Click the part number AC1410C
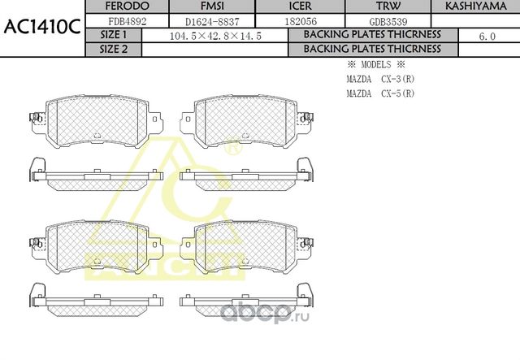coord(41,26)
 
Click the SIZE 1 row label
coord(114,36)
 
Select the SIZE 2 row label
coord(114,49)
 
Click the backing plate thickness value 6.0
coord(487,37)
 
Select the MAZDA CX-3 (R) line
coord(379,79)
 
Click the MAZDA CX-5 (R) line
coord(379,93)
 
